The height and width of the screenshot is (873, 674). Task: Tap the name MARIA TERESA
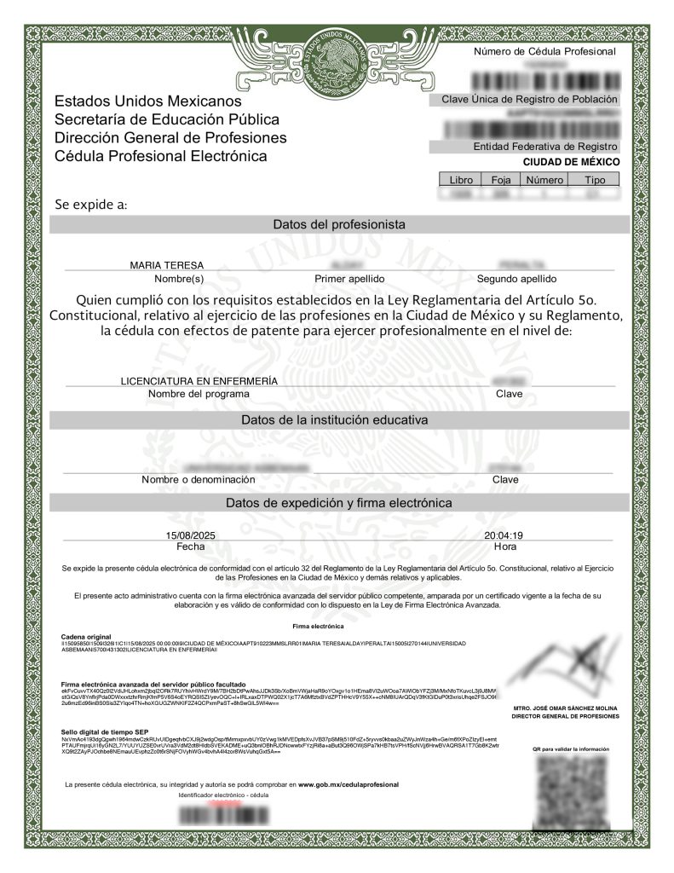(166, 265)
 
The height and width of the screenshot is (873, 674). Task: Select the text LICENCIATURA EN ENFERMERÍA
(200, 380)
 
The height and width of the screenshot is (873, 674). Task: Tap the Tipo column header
(595, 180)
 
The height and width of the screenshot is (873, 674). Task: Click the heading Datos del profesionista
(338, 224)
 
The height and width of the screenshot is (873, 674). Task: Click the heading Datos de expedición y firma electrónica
(338, 503)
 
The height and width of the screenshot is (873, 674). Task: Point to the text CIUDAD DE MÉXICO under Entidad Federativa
(571, 162)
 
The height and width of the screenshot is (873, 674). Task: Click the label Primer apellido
(349, 279)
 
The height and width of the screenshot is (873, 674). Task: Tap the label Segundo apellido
(516, 279)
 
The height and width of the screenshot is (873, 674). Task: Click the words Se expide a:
(91, 205)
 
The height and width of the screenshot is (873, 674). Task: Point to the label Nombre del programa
(199, 394)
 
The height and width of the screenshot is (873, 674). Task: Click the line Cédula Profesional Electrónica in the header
(160, 156)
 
